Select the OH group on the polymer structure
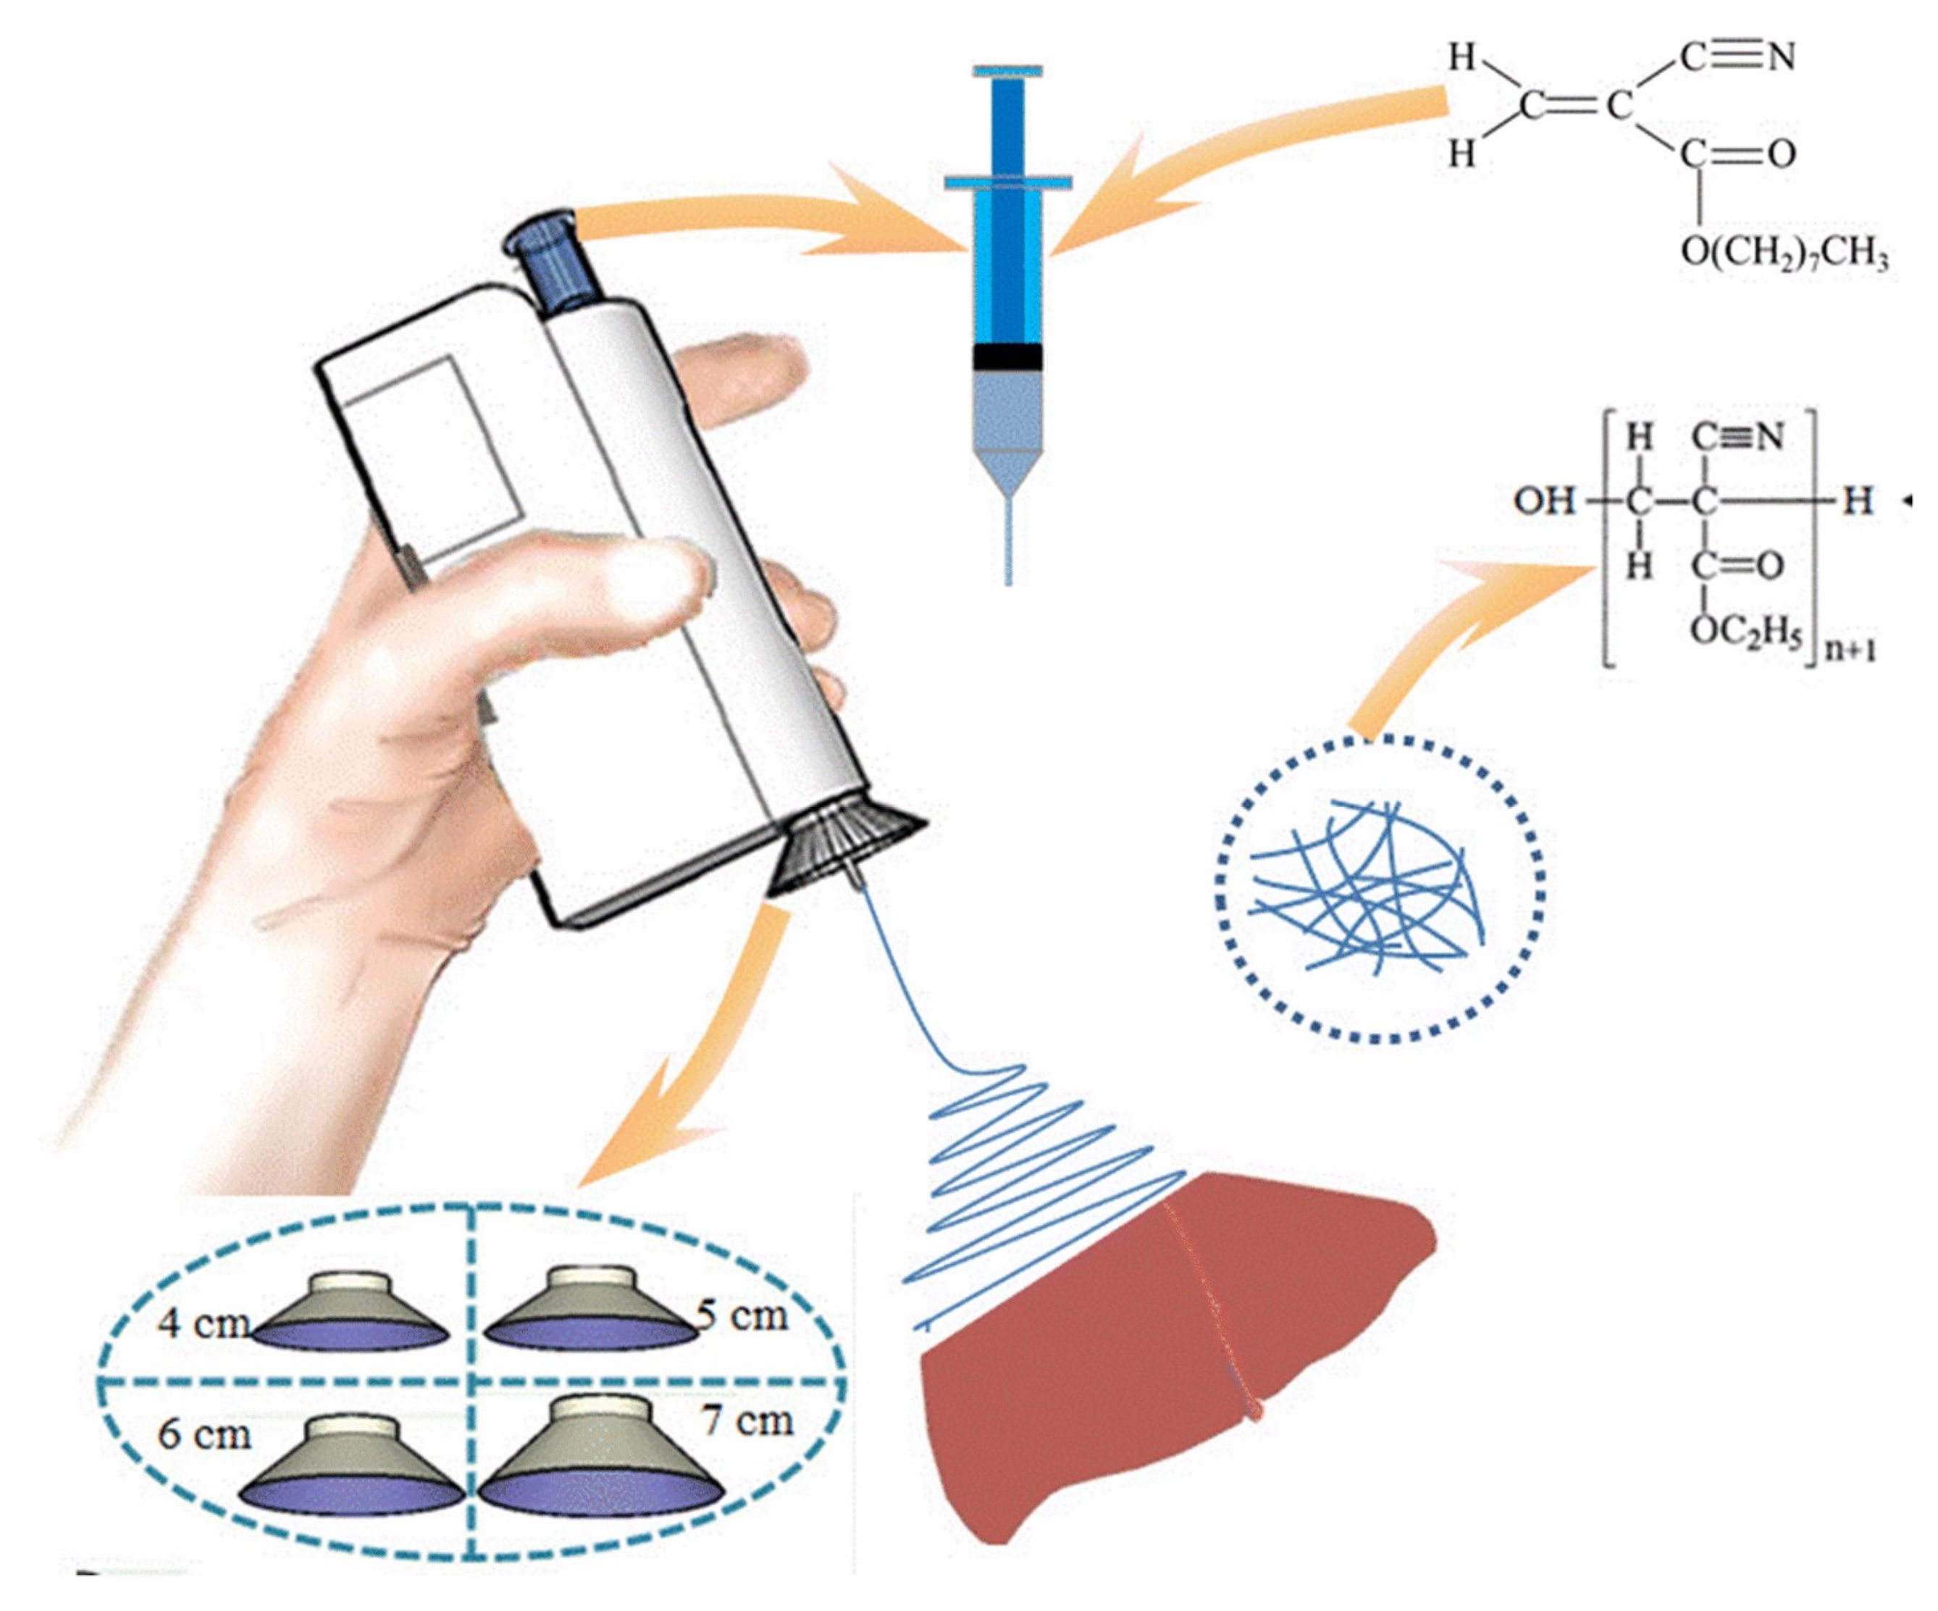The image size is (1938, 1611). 1543,501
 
